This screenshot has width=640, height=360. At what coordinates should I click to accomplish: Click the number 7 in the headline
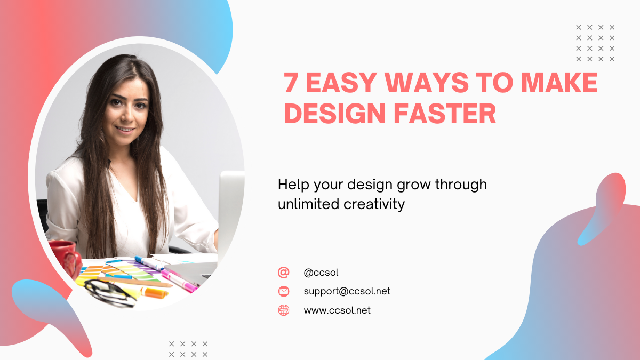pos(291,82)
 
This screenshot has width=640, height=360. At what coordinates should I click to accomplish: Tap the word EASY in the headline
pos(341,82)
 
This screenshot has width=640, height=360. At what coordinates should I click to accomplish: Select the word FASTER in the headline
pos(445,114)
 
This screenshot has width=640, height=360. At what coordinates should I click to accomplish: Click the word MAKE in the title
pos(559,82)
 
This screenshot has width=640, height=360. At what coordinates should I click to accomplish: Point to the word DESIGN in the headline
pos(335,114)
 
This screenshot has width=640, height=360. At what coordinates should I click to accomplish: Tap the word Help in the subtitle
pos(293,185)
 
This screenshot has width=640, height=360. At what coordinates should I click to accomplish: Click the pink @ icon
pos(283,273)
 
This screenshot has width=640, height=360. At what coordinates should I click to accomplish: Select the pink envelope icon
pos(283,291)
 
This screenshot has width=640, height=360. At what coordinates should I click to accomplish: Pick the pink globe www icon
pos(283,310)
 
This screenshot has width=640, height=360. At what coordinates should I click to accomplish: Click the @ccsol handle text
pos(321,273)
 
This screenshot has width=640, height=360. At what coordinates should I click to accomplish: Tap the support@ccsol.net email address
pos(347,291)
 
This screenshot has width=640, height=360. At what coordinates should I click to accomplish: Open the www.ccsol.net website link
pos(337,310)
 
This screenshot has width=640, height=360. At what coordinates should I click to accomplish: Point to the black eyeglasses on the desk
pos(110,293)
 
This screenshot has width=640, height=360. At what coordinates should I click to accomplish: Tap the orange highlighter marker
pos(154,293)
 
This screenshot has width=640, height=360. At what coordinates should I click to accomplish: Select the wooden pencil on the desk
pos(134,282)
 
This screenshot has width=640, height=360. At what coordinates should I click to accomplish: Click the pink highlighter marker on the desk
pos(179,281)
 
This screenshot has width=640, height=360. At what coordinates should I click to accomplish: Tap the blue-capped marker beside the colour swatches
pos(149,263)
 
